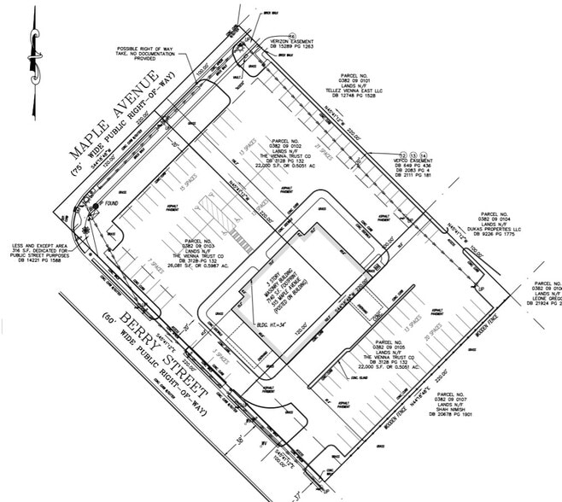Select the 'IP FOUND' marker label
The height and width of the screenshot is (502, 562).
[108, 204]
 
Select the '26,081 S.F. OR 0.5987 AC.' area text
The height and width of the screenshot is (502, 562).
[198, 266]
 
